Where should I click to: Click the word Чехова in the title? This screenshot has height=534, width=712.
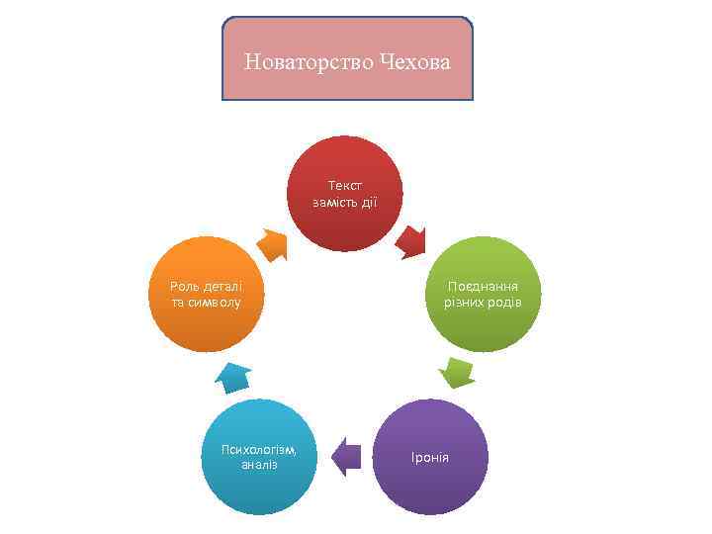click(412, 63)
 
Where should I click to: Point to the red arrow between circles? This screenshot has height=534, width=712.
click(411, 241)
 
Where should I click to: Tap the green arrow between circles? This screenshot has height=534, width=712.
click(457, 374)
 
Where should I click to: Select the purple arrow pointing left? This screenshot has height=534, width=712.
click(345, 456)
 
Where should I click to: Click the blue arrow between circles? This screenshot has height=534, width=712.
click(233, 376)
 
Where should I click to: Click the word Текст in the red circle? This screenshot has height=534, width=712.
click(345, 185)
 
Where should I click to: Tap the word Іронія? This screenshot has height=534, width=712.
click(430, 458)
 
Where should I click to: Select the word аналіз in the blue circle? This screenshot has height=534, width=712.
click(259, 465)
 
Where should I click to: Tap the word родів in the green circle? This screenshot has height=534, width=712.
click(502, 302)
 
